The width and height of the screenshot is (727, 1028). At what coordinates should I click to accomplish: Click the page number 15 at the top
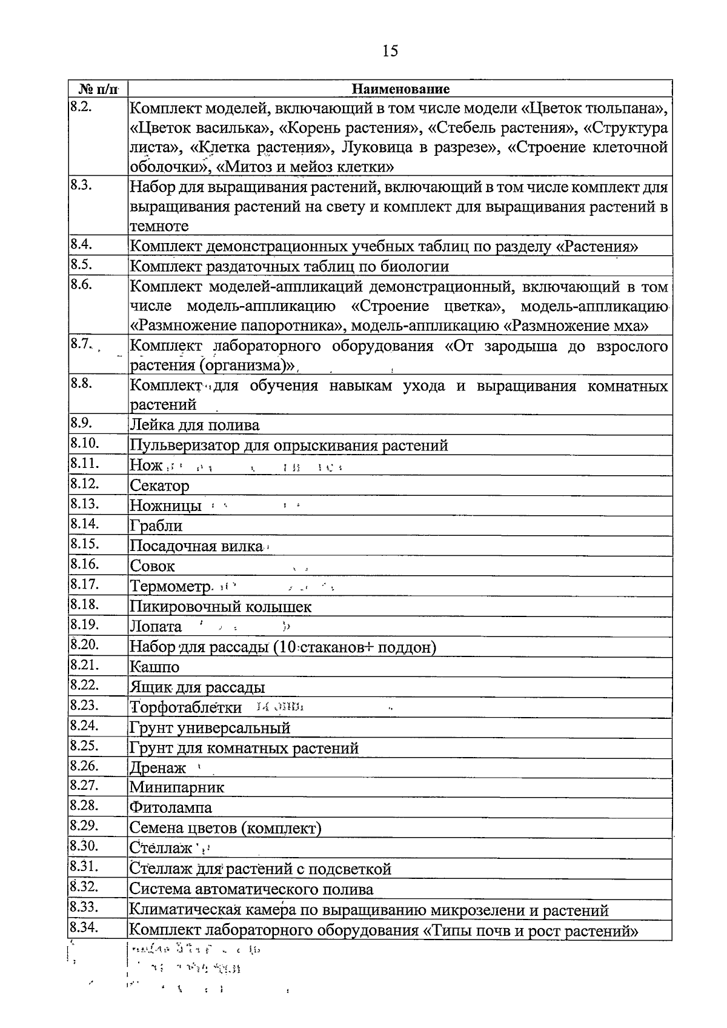(x=390, y=51)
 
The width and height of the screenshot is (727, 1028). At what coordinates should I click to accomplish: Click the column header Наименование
(x=400, y=89)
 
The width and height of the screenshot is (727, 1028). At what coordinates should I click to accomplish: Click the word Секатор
(x=159, y=486)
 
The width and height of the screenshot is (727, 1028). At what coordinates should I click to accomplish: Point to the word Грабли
(x=156, y=526)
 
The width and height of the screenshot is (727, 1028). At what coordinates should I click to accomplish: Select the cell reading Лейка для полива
(x=194, y=425)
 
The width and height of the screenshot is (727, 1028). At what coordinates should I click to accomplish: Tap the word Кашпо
(x=154, y=667)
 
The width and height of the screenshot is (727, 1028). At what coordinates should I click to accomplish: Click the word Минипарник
(x=176, y=787)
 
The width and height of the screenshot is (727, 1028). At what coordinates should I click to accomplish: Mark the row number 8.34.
(x=84, y=927)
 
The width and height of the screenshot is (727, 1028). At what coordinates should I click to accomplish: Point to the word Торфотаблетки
(x=185, y=707)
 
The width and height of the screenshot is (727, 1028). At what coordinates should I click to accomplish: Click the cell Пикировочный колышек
(x=221, y=606)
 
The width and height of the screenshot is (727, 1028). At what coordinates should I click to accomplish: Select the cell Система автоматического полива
(x=251, y=889)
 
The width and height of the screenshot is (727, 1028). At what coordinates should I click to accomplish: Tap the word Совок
(x=152, y=566)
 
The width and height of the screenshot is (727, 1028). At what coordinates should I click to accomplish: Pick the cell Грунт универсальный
(x=210, y=727)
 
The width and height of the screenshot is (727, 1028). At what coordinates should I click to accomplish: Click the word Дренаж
(x=158, y=768)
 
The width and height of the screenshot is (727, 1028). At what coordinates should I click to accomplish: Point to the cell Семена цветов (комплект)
(x=225, y=828)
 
